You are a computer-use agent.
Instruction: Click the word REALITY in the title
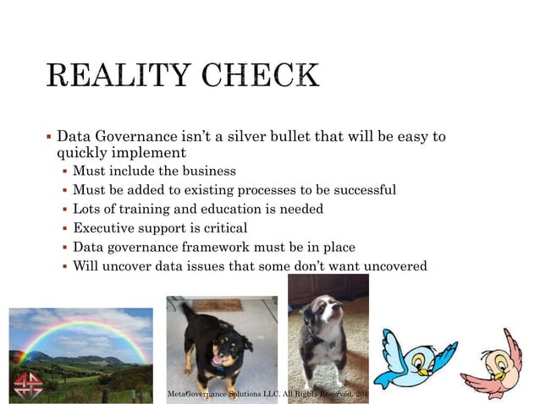click(118, 75)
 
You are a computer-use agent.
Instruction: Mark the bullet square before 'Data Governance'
click(48, 136)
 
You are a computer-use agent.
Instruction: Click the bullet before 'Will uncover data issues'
click(65, 267)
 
